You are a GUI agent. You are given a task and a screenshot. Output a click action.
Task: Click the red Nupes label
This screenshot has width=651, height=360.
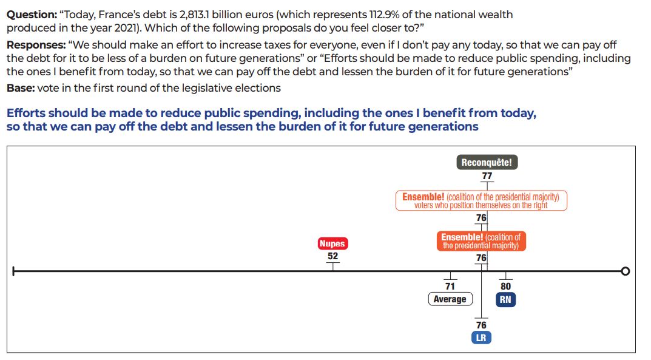[332, 243]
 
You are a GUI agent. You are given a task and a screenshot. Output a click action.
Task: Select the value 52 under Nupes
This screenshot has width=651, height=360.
[332, 256]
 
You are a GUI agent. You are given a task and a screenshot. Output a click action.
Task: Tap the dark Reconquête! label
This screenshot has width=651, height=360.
[487, 162]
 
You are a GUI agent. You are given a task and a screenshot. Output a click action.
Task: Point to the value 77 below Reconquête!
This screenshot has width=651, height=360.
[487, 176]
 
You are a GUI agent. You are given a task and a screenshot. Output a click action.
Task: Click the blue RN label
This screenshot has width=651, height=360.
[505, 299]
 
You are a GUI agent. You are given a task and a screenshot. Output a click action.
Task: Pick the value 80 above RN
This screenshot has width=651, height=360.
[505, 287]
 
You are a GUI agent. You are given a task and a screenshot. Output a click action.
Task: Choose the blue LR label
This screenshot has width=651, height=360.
[481, 338]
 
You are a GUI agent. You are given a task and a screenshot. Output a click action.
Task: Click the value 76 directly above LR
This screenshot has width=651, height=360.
[481, 325]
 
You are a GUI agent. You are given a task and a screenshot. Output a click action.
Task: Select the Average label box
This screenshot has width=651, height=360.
[450, 299]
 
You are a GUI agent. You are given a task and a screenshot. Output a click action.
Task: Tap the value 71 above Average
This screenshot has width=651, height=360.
[450, 287]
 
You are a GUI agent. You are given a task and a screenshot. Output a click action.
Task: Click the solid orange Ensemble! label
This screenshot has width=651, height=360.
[481, 241]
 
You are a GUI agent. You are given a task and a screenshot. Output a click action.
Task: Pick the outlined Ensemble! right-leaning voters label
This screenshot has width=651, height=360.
[481, 201]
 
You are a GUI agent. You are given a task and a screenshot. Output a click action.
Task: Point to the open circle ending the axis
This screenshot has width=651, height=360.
[626, 271]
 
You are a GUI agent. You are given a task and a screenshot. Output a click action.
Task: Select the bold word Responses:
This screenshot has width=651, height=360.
[36, 45]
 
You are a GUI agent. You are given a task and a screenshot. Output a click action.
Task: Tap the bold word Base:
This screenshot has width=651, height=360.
[20, 88]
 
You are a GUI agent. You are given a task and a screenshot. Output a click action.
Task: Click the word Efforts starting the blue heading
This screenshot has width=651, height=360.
[26, 114]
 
